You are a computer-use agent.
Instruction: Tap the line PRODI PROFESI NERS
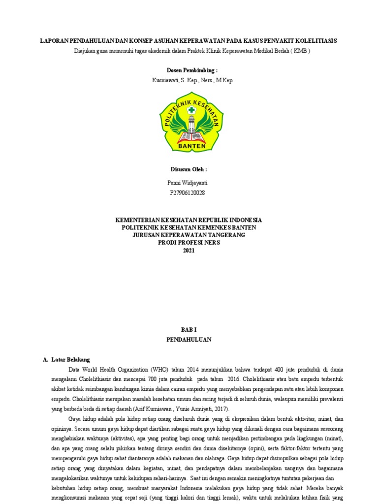[189, 242]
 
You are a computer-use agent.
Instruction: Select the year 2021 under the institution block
[189, 250]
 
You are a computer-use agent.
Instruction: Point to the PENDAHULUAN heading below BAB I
[189, 340]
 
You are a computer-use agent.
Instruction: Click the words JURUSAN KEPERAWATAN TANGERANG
[189, 235]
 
